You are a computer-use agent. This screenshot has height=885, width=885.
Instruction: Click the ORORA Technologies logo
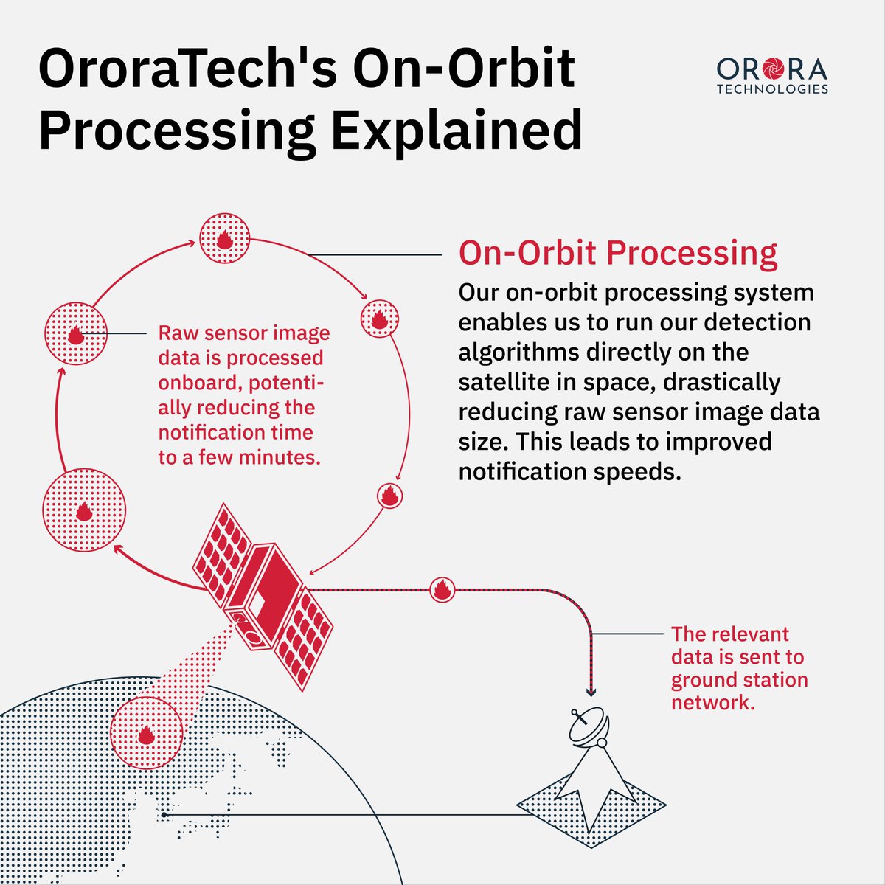pyautogui.click(x=772, y=76)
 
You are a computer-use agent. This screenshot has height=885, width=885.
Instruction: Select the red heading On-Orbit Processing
pyautogui.click(x=618, y=253)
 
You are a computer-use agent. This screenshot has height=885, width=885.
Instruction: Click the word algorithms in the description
pyautogui.click(x=518, y=352)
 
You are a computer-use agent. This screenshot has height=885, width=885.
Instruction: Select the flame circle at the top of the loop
pyautogui.click(x=225, y=239)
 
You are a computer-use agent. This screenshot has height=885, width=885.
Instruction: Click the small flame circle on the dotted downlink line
pyautogui.click(x=442, y=589)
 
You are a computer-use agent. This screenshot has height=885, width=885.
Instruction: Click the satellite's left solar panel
pyautogui.click(x=223, y=552)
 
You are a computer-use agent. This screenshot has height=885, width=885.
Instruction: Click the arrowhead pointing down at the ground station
pyautogui.click(x=591, y=691)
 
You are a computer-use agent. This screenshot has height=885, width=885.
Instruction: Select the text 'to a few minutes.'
pyautogui.click(x=240, y=457)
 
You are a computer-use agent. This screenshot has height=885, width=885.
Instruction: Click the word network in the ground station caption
pyautogui.click(x=712, y=702)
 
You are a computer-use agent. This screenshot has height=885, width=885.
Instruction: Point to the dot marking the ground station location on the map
pyautogui.click(x=164, y=814)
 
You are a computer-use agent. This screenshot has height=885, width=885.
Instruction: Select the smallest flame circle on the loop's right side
pyautogui.click(x=389, y=496)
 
